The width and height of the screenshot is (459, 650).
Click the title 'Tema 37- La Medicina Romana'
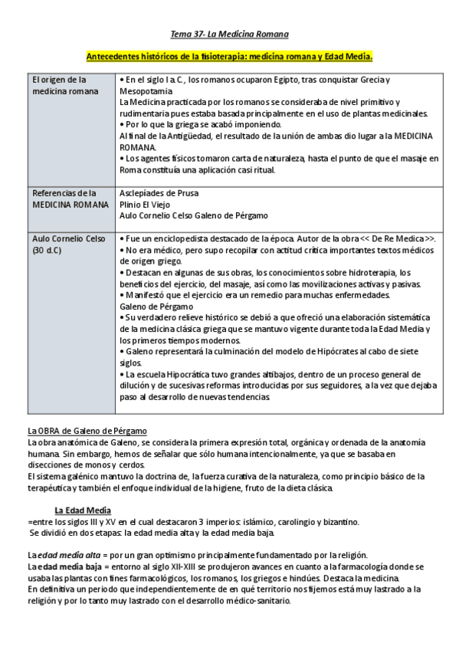coord(229,34)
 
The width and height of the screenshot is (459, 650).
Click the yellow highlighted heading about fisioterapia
coord(229,57)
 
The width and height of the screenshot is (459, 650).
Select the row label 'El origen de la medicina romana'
coord(59,85)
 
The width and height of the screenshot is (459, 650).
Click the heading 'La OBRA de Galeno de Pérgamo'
coord(87,431)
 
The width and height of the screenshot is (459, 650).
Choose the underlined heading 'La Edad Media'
coord(82,510)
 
